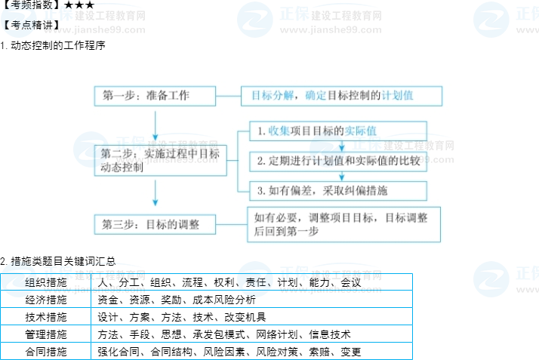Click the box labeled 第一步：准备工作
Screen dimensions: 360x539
coord(155,96)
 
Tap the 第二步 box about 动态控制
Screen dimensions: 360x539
coord(160,161)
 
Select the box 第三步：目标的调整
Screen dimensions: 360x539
coord(155,224)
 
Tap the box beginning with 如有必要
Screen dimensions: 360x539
coord(343,224)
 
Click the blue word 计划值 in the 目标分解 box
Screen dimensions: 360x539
coord(398,96)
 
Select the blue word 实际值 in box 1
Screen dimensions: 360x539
coord(362,131)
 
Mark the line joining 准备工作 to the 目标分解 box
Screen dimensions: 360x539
coord(229,96)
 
